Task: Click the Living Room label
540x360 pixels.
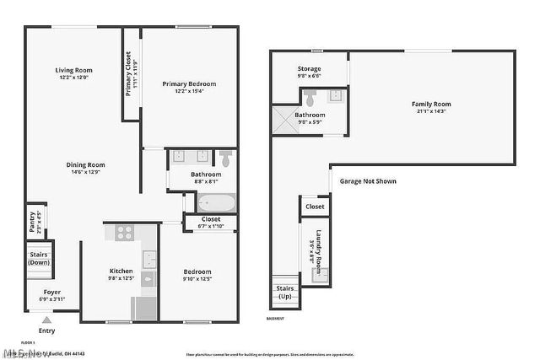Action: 73,70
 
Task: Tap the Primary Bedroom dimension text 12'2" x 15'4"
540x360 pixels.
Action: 189,91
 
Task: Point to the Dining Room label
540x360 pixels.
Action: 87,164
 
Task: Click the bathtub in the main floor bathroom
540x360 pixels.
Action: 216,202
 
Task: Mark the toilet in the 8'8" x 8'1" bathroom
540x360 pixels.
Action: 225,157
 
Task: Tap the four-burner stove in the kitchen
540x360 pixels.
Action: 124,233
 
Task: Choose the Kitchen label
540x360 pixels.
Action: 121,271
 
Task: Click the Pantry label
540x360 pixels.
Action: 33,221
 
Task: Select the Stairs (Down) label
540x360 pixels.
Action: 39,257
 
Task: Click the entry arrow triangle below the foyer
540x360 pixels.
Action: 46,320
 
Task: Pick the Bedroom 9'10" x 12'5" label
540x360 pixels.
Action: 197,271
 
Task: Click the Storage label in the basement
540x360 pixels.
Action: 309,69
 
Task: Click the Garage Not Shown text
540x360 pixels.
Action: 368,181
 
